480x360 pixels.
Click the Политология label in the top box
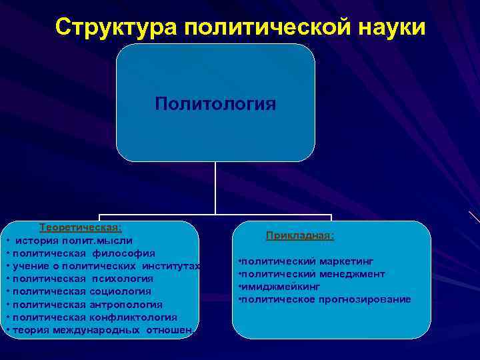tap(215, 104)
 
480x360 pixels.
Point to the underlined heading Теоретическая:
tap(80, 227)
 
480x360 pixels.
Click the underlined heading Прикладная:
tap(300, 235)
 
